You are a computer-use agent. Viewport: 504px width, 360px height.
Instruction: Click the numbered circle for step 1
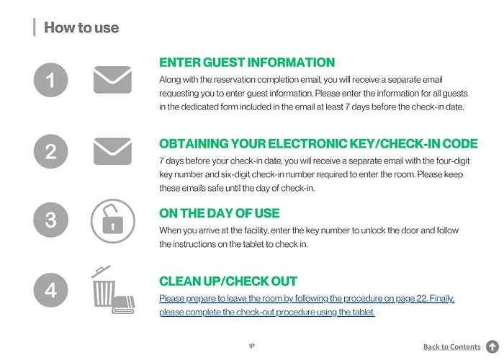point(50,80)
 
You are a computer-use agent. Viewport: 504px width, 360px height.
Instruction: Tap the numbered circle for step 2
point(50,151)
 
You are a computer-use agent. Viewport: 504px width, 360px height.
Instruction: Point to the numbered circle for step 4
point(50,289)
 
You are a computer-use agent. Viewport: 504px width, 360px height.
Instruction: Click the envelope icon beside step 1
point(112,80)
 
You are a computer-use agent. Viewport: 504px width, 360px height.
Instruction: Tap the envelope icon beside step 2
point(112,151)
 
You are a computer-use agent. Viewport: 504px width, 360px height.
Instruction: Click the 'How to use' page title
point(81,28)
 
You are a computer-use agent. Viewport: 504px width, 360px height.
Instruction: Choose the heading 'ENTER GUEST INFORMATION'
point(247,63)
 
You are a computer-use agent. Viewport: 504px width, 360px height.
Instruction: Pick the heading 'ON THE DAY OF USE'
point(219,213)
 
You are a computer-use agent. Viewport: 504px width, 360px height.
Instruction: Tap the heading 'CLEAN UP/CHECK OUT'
point(228,281)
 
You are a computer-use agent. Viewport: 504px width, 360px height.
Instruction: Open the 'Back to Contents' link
point(451,347)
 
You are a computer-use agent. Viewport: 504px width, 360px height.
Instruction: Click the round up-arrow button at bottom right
point(492,347)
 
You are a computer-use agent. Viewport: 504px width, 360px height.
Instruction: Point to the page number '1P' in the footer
point(252,346)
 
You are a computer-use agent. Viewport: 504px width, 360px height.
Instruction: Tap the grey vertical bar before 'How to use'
point(34,28)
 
